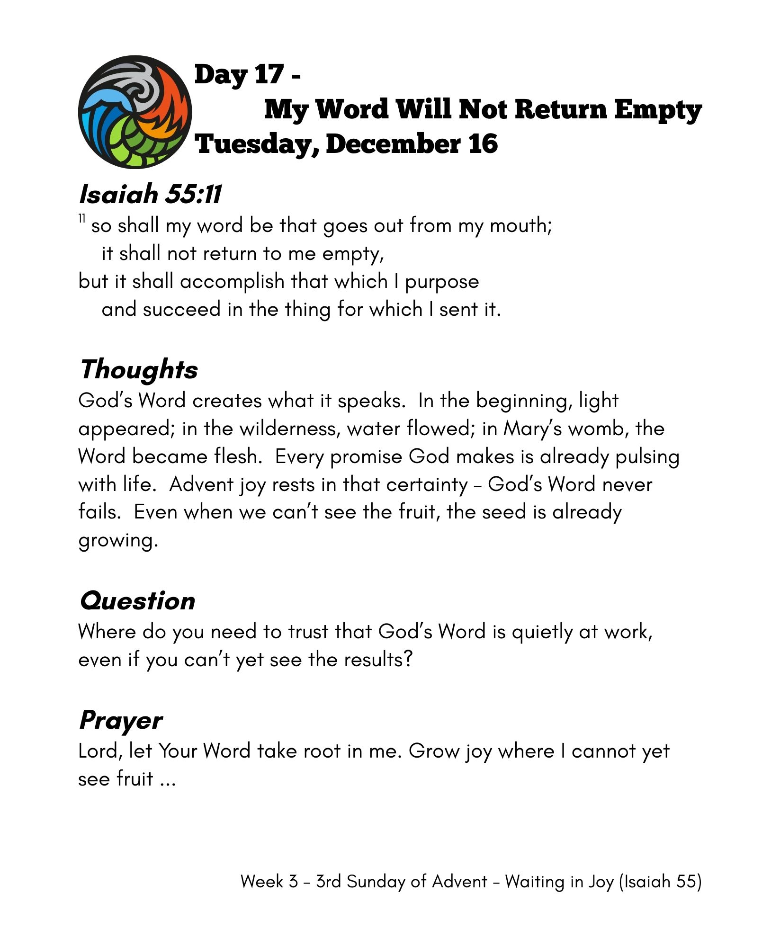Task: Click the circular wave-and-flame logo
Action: [135, 112]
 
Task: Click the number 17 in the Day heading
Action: [269, 74]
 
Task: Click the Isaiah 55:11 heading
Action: [150, 194]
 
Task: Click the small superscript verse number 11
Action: [82, 219]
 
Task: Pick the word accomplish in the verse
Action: [232, 281]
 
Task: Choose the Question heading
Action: [137, 601]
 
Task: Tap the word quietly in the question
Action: [542, 633]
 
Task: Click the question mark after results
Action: [408, 660]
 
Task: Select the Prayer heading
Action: [121, 721]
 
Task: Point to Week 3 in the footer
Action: [269, 882]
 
